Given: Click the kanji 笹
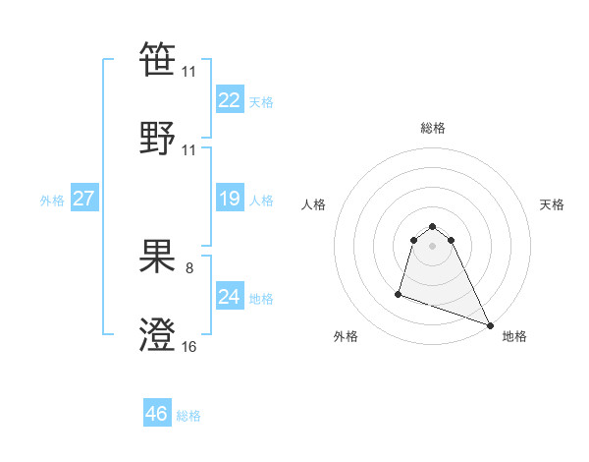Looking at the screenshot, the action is point(158,60).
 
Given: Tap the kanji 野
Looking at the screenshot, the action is point(158,139).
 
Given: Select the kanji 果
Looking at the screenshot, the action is point(158,257).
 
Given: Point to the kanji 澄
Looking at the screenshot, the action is point(158,335).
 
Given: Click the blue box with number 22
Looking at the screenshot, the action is point(229,100).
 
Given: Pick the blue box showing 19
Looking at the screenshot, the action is point(229,199).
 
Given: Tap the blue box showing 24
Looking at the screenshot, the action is point(229,297).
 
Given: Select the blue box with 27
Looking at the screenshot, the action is point(83,199).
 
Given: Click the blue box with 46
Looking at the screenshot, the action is point(157,414).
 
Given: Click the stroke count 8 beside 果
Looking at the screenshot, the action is point(189,267).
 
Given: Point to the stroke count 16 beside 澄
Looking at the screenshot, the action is point(189,346).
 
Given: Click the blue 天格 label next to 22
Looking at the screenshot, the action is point(261,102).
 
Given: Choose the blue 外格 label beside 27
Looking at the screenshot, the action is point(52,201).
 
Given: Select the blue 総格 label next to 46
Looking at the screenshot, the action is point(188,416).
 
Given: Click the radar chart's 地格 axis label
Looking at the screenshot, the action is point(514,336).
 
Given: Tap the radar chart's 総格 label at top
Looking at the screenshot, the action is point(433,128).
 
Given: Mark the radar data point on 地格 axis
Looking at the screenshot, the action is point(490,325).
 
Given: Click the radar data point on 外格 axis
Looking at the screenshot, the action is point(400,293).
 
